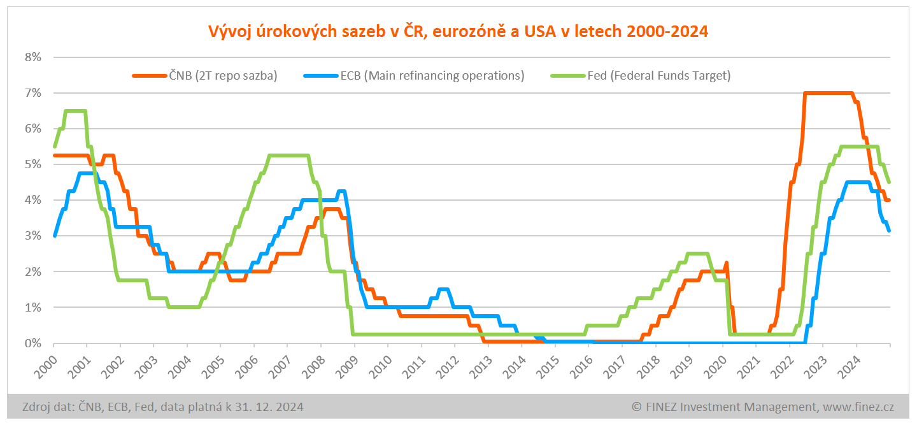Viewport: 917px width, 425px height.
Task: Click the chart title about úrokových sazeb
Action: point(458,31)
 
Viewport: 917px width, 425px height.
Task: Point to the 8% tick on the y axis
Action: point(32,57)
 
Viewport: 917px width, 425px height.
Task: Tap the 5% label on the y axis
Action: point(32,164)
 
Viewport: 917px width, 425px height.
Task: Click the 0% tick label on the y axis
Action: point(32,343)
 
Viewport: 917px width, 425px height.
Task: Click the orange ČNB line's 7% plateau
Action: point(828,93)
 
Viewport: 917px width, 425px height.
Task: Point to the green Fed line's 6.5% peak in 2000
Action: point(75,111)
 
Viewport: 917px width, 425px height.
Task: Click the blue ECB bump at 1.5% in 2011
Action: point(443,289)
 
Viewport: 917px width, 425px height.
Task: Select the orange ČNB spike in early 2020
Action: point(726,263)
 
